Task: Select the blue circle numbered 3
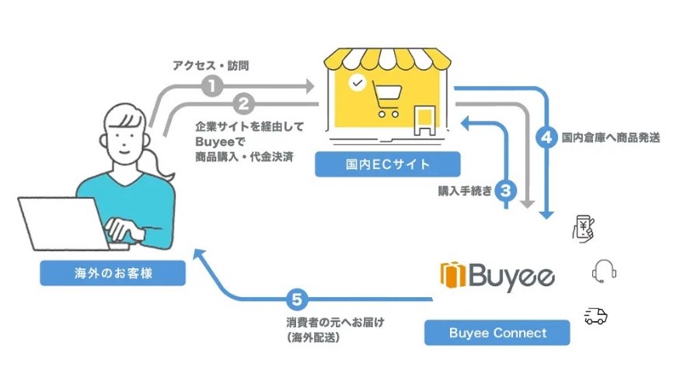506,190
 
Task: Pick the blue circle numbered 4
546,138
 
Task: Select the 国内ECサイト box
387,165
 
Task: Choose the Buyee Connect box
497,333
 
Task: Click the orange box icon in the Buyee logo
452,275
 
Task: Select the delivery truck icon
595,315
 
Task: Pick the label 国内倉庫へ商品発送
610,138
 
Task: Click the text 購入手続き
464,190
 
